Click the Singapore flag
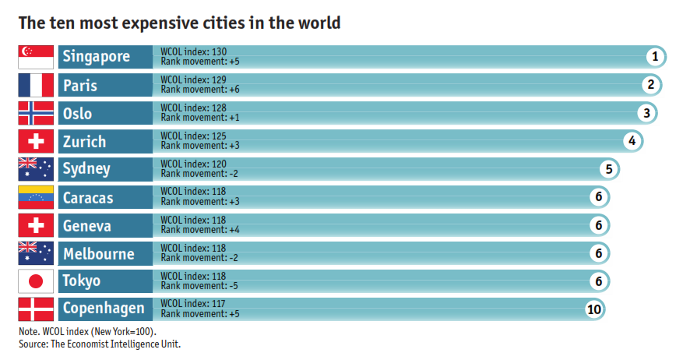click(36, 57)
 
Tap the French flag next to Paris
click(36, 85)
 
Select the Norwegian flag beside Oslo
click(36, 113)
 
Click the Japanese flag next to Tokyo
click(36, 281)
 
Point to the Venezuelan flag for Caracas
click(36, 197)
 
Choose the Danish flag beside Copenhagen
click(36, 309)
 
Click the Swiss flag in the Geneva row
click(36, 225)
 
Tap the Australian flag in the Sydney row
click(36, 169)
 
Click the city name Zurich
click(84, 142)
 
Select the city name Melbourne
click(98, 254)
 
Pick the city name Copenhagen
click(104, 309)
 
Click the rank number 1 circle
click(655, 56)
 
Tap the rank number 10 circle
click(594, 309)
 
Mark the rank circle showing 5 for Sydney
click(610, 169)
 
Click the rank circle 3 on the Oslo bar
click(646, 113)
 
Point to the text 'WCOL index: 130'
click(188, 51)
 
